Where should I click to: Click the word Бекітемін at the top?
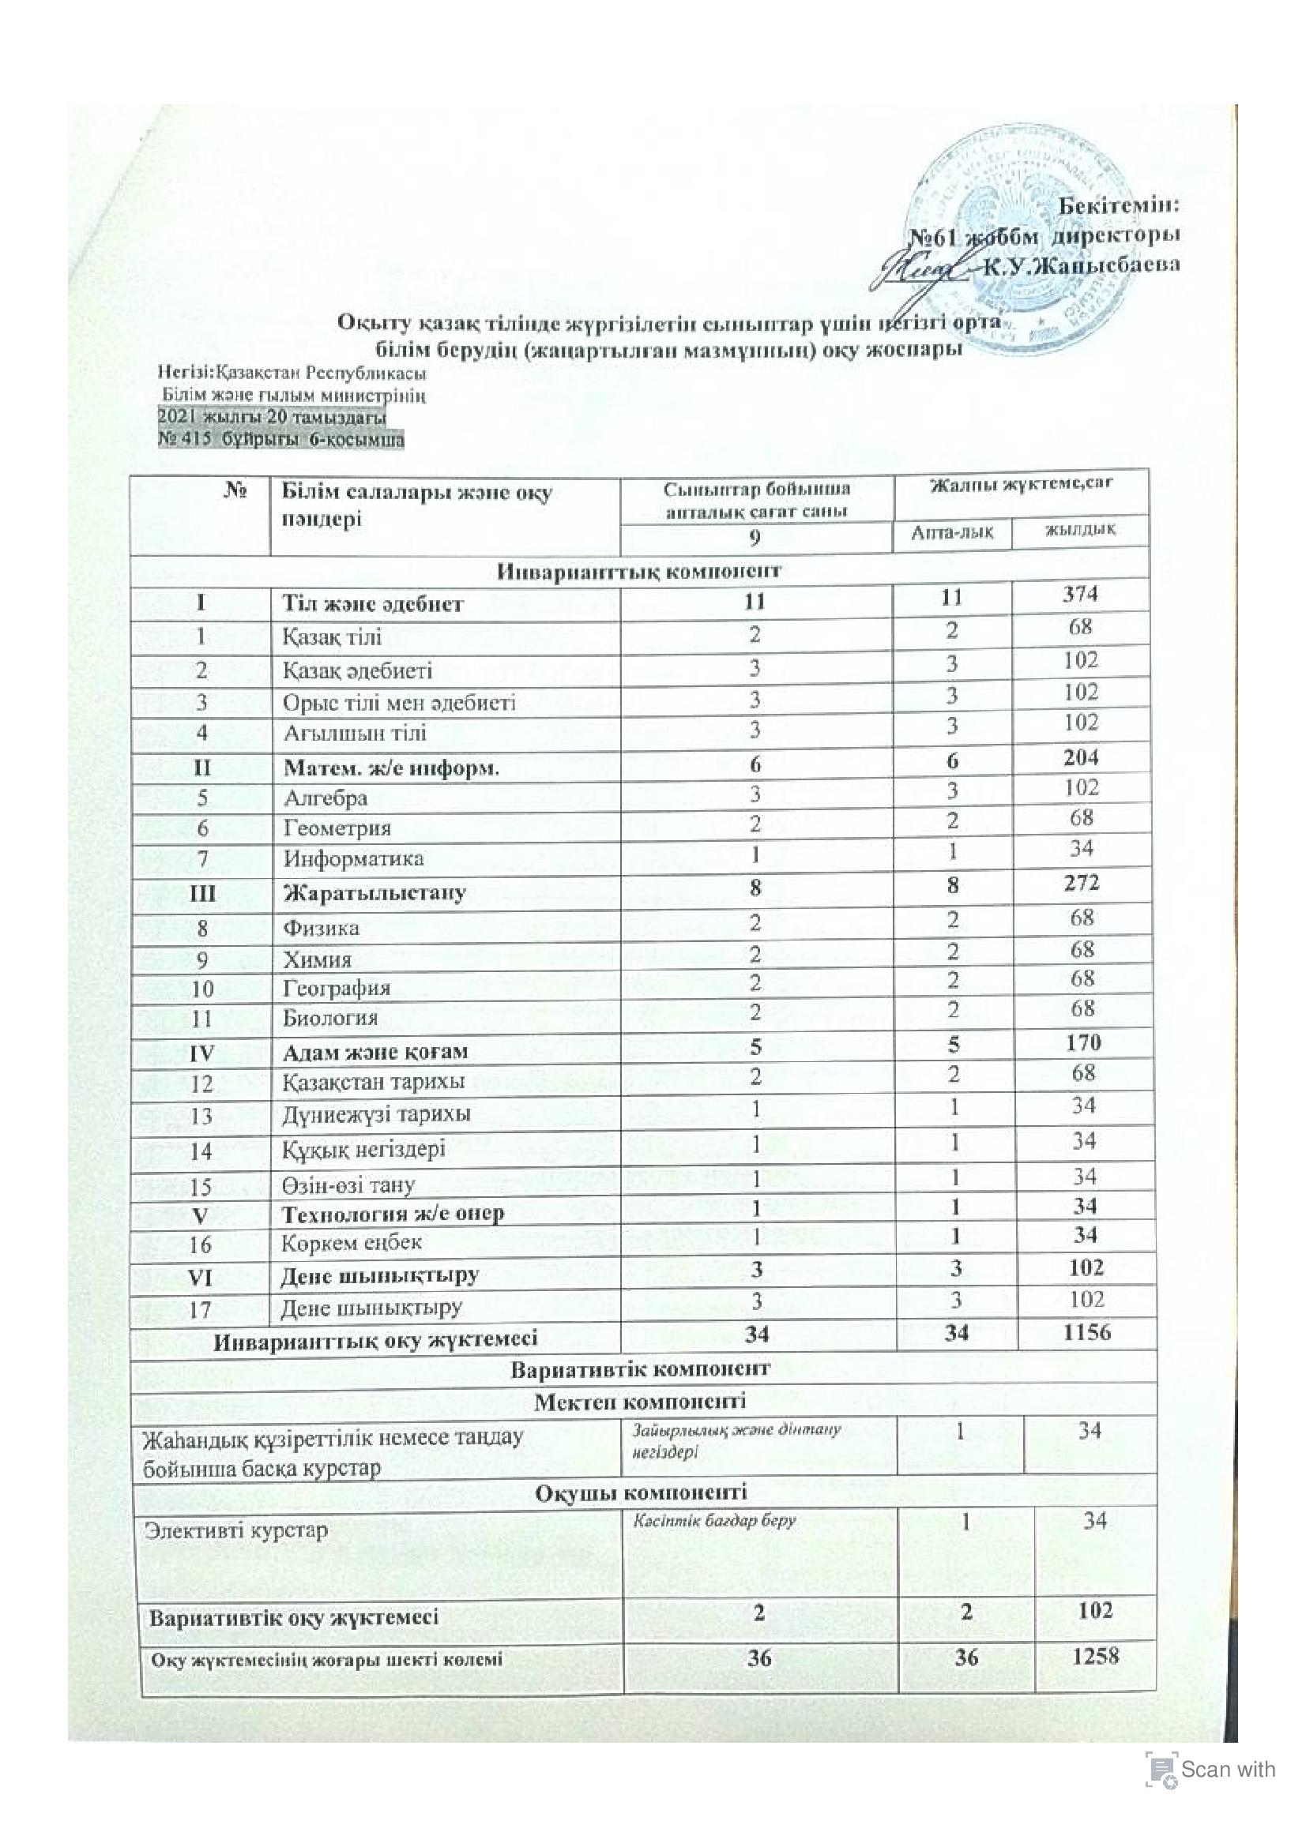coord(1118,205)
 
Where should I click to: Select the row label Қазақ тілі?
coord(332,637)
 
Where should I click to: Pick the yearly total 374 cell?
coord(1080,595)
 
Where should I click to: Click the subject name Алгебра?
coord(325,798)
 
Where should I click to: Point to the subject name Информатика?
coord(353,858)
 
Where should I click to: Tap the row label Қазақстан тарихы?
coord(374,1082)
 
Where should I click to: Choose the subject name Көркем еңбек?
coord(352,1242)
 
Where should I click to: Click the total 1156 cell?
coord(1086,1331)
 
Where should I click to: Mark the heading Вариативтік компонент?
coord(641,1368)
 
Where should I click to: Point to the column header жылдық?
coord(1080,529)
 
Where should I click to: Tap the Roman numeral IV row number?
coord(201,1052)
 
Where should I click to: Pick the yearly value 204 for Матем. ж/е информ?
coord(1080,758)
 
